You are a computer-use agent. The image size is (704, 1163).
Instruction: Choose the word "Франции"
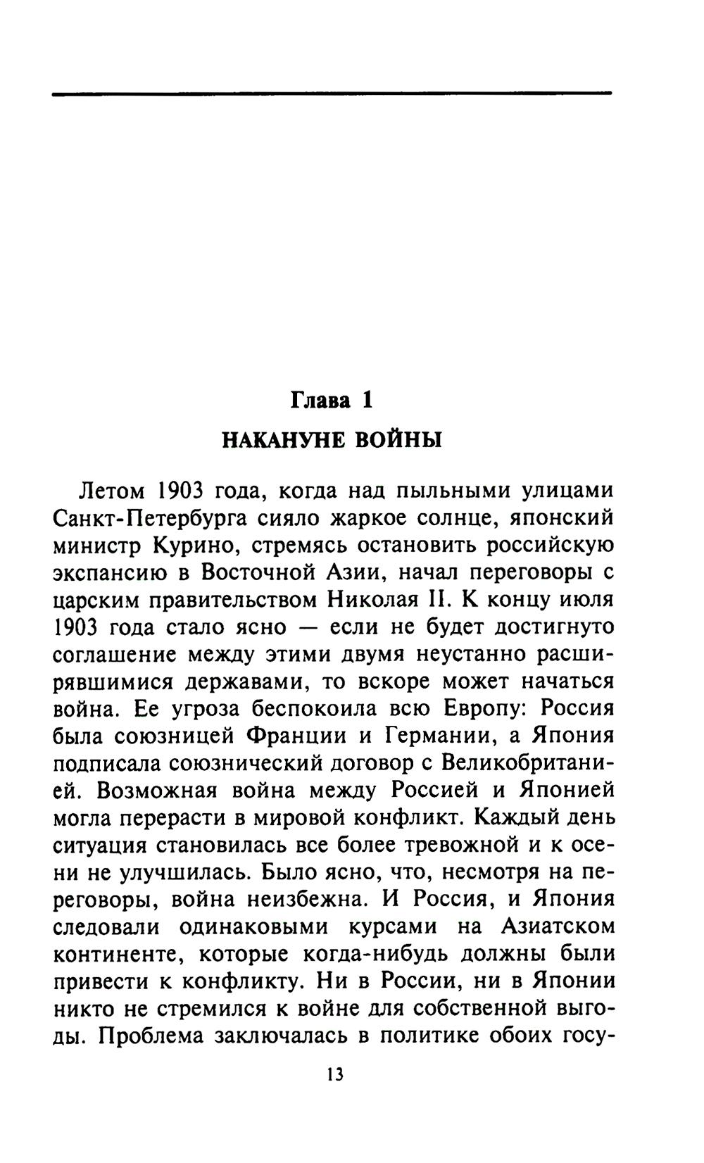pos(296,736)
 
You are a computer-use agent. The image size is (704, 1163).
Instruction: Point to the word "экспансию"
pos(111,573)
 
